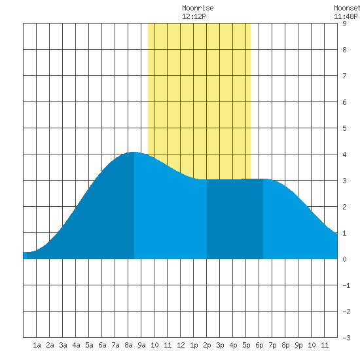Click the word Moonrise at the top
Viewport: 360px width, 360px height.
198,8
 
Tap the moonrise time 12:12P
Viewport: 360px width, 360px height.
194,16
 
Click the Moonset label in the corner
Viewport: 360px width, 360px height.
347,8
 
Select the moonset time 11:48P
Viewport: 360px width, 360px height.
346,16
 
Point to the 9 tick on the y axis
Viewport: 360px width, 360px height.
344,24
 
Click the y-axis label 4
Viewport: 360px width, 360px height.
344,154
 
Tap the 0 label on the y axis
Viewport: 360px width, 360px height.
344,259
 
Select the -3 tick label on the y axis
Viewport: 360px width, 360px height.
346,338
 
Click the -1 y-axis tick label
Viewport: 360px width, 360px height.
346,285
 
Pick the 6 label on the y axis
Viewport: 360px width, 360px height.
344,102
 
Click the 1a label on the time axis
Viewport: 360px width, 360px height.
37,345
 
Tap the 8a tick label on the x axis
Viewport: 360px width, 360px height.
128,345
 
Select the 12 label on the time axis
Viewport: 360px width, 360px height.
181,345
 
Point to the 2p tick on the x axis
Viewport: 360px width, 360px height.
207,345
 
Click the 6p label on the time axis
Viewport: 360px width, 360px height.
259,345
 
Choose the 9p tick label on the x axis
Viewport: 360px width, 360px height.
298,345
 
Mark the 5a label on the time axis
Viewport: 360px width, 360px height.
89,345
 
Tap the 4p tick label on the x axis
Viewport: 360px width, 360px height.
233,345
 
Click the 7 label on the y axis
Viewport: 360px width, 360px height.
344,76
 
